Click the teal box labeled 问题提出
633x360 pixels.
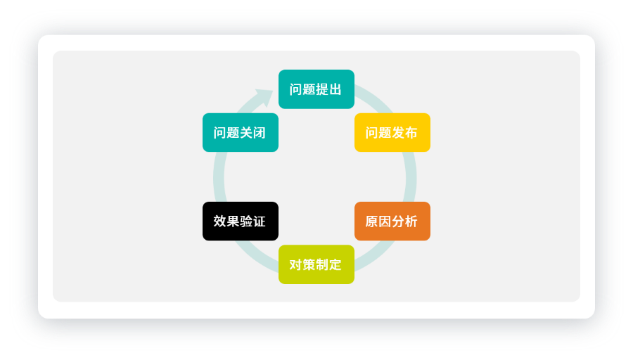pyautogui.click(x=316, y=89)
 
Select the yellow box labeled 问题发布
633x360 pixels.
pyautogui.click(x=392, y=132)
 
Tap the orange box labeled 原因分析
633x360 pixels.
pyautogui.click(x=392, y=221)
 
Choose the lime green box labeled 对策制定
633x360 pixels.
pyautogui.click(x=316, y=264)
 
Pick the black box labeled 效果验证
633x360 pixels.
pyautogui.click(x=241, y=221)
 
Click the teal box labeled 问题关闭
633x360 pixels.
pyautogui.click(x=241, y=132)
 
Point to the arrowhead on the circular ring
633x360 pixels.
pyautogui.click(x=264, y=97)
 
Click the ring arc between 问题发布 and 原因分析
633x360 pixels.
pyautogui.click(x=411, y=176)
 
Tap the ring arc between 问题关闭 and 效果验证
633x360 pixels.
pyautogui.click(x=219, y=176)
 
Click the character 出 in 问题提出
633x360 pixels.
pyautogui.click(x=335, y=89)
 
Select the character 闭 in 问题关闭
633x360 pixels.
pyautogui.click(x=260, y=132)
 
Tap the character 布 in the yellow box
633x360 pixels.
pyautogui.click(x=411, y=132)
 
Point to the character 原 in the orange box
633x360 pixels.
pyautogui.click(x=372, y=221)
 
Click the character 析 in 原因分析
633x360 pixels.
pyautogui.click(x=411, y=221)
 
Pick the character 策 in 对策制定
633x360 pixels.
pyautogui.click(x=309, y=264)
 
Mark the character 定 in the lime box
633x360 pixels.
pyautogui.click(x=335, y=264)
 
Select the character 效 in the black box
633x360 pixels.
pyautogui.click(x=220, y=221)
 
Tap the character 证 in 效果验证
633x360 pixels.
pyautogui.click(x=260, y=221)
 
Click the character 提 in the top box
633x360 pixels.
pyautogui.click(x=323, y=89)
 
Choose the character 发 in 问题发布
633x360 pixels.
pyautogui.click(x=399, y=132)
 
